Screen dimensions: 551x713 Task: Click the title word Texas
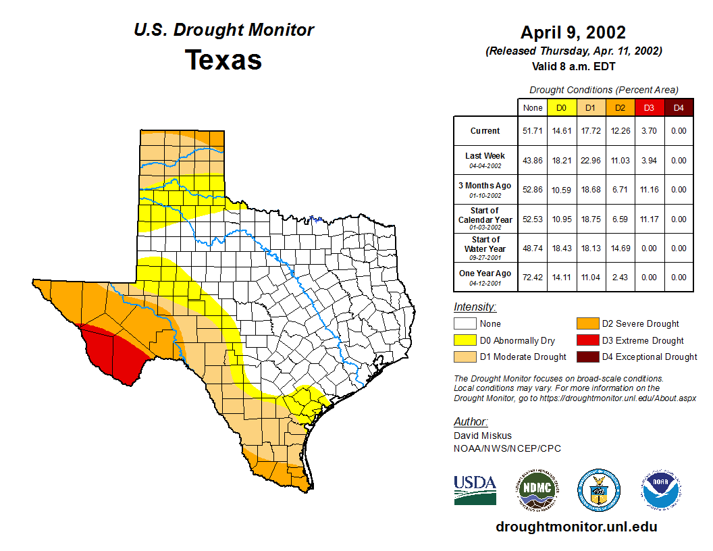223,60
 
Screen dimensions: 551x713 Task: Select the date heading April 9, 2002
573,32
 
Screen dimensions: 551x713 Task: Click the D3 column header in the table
649,107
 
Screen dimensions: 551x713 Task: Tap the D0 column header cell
561,107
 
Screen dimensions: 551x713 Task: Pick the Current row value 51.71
533,131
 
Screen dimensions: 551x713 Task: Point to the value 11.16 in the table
649,190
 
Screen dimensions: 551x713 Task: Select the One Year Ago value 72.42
533,277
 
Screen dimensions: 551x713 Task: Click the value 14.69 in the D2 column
620,248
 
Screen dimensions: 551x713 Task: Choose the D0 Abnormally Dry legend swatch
465,340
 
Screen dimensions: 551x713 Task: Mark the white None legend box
465,324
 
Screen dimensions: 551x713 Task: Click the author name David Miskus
482,436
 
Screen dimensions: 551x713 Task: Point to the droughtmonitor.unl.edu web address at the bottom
576,527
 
